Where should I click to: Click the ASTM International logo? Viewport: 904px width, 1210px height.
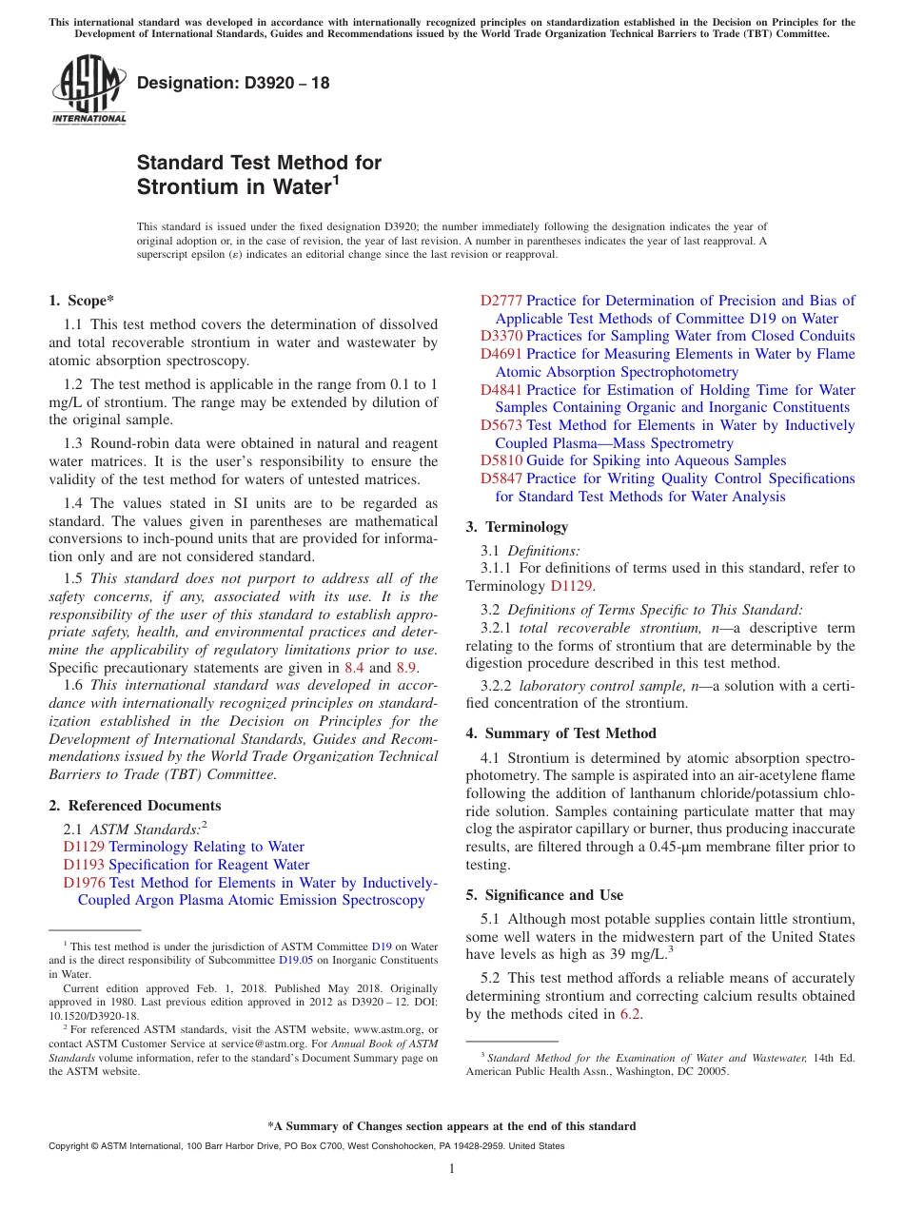pos(88,90)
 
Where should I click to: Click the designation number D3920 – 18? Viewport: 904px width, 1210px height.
pos(233,83)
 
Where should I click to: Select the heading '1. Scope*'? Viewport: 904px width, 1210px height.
pos(81,300)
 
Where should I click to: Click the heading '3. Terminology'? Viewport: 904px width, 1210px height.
pos(517,526)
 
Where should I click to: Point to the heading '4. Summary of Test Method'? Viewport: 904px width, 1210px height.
pos(561,732)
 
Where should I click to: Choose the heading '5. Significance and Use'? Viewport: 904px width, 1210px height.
pos(544,894)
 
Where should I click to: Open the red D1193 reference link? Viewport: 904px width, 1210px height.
pos(84,865)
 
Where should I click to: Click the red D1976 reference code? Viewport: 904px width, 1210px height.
pos(84,883)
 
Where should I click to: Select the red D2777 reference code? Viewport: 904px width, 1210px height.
pos(501,301)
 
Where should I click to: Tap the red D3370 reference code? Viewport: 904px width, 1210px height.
pos(501,336)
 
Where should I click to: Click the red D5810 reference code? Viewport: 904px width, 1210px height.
pos(501,460)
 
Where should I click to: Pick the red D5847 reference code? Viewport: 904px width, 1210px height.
pos(501,478)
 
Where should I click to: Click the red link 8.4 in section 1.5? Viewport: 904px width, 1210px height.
pos(354,668)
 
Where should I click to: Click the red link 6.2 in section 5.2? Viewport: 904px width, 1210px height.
pos(630,1014)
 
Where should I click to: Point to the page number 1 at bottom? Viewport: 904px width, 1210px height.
pos(452,1168)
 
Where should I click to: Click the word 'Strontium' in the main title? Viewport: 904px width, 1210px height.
pos(186,187)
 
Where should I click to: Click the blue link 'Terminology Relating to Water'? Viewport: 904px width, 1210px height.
pos(206,847)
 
